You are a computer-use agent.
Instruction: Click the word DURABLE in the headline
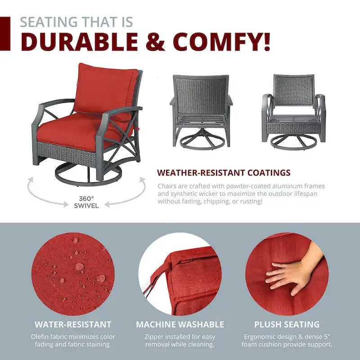80,42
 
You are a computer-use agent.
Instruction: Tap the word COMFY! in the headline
221,42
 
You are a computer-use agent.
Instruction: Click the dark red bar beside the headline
5,33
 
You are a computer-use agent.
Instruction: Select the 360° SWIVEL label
86,202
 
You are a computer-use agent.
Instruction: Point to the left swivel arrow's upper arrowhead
31,180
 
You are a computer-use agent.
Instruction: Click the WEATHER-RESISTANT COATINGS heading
224,173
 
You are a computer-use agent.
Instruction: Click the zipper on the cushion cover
184,261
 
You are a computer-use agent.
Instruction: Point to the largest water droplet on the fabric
80,266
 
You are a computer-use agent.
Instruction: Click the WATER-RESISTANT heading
73,324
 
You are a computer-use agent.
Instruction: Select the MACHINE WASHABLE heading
180,324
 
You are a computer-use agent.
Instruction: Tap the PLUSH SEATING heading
287,324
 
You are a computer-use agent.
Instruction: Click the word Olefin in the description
40,337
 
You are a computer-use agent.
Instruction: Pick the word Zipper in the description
154,337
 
